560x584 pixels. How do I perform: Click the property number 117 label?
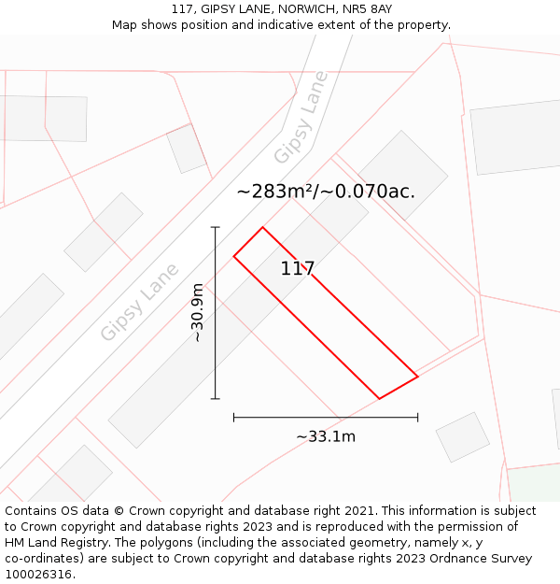click(298, 269)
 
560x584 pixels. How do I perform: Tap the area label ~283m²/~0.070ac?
click(326, 192)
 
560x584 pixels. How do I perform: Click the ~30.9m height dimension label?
click(197, 312)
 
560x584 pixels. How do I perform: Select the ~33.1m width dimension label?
click(326, 436)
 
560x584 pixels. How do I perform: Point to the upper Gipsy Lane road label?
click(301, 117)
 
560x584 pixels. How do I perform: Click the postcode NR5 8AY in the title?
click(368, 9)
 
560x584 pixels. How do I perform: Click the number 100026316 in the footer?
click(38, 575)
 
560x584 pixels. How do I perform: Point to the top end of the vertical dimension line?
click(216, 227)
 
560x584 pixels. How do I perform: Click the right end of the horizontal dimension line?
click(417, 417)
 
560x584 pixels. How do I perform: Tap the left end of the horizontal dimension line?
click(233, 417)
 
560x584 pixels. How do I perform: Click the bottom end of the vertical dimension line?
click(216, 399)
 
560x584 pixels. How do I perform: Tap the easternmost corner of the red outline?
click(417, 377)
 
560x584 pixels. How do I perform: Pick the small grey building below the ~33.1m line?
click(463, 437)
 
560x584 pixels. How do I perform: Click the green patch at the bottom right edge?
click(535, 483)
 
